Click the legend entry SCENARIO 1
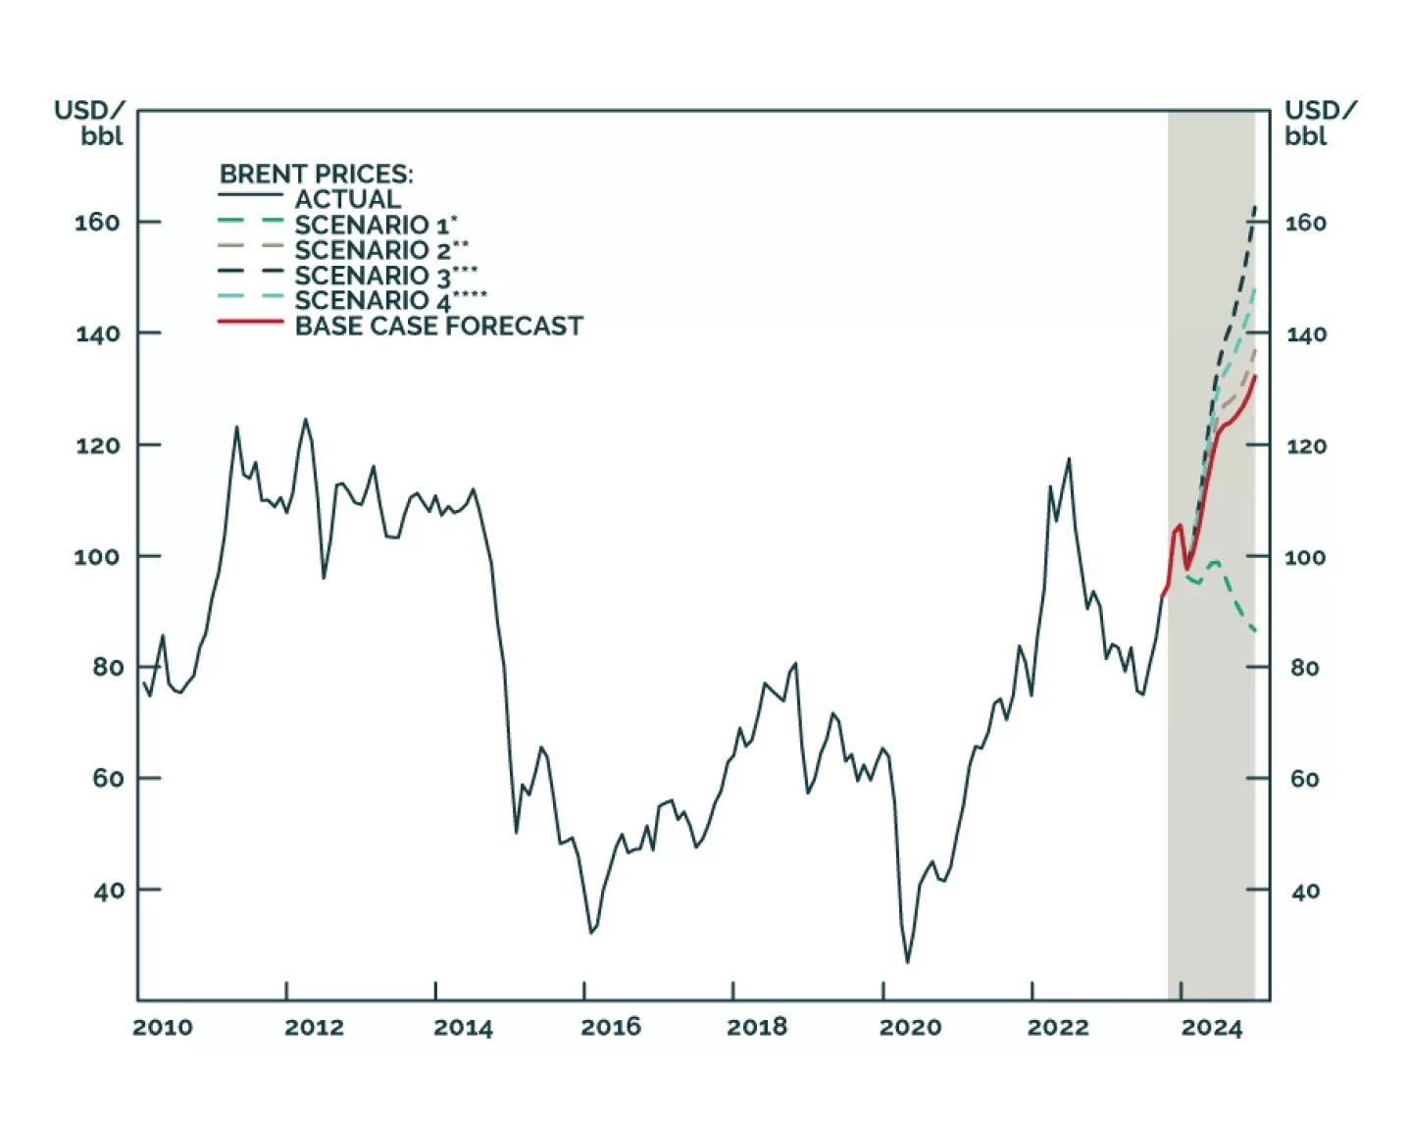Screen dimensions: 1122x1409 coord(376,225)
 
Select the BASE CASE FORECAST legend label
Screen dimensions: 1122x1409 coord(438,326)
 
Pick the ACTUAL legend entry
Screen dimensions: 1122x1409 coord(347,199)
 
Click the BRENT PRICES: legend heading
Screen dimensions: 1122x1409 coord(316,174)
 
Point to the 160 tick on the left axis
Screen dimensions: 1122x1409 coord(97,223)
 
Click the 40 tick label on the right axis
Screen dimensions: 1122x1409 coord(1304,892)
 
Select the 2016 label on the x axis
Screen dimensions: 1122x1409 coord(610,1028)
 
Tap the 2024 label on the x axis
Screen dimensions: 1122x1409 coord(1211,1028)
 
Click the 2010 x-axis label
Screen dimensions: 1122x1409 coord(163,1028)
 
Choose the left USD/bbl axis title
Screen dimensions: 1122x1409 coord(90,123)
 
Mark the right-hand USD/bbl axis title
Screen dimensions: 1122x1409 coord(1320,123)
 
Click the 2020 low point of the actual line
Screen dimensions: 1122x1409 coord(907,962)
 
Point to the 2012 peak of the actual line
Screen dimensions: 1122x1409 coord(305,420)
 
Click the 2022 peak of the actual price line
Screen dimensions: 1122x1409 coord(1069,458)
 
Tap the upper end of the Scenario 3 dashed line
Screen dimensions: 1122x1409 coord(1255,207)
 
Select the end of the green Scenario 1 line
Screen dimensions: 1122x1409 coord(1255,631)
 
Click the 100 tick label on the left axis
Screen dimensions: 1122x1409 coord(97,557)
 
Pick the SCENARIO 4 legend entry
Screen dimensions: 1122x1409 coord(390,300)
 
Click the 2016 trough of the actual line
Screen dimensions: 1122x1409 coord(590,933)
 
